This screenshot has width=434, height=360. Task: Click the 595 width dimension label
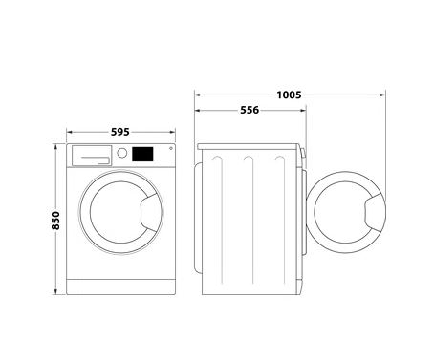coord(120,132)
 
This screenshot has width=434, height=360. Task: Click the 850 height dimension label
coord(55,221)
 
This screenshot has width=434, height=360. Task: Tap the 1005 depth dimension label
coord(289,95)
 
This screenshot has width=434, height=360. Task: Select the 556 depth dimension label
coord(250,110)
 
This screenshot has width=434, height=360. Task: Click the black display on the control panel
coord(142,154)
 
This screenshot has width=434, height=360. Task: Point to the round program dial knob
coord(122,153)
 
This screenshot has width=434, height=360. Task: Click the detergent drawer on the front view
coord(92,156)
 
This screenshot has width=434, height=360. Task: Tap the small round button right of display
coord(171,148)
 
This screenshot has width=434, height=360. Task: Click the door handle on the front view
coord(151,212)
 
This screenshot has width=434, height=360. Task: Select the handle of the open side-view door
coord(375,212)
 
